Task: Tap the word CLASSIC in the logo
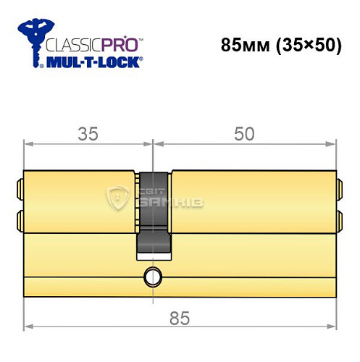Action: click(72, 44)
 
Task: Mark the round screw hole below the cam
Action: click(153, 276)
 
